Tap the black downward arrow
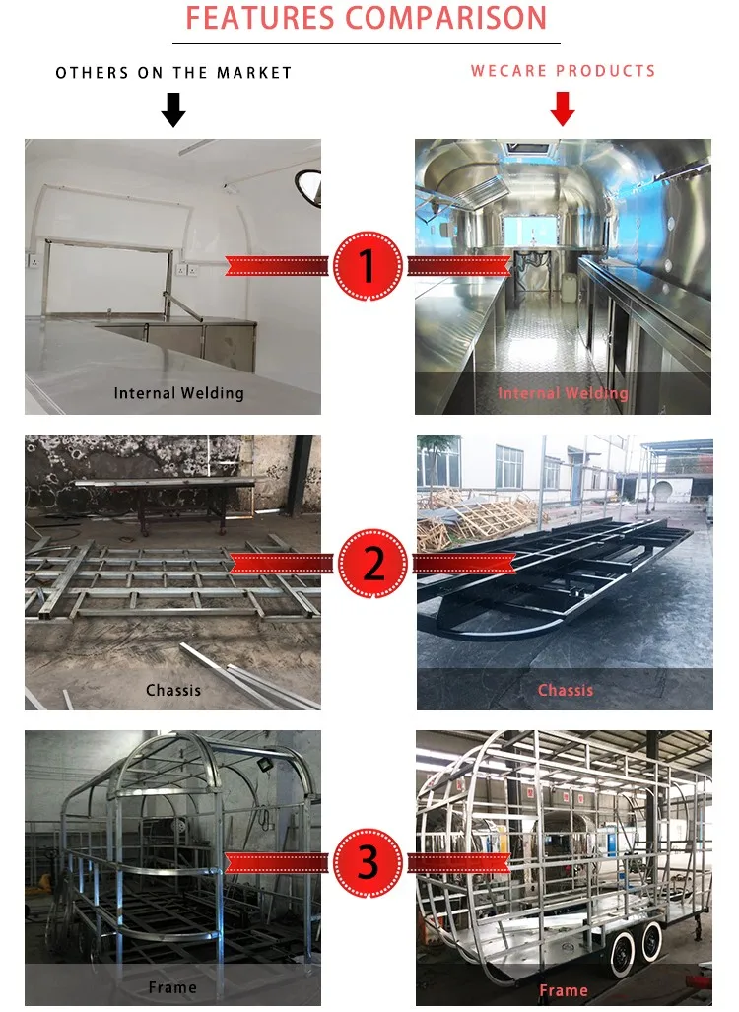click(173, 109)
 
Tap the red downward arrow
click(563, 108)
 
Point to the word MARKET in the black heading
click(254, 73)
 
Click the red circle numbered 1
click(368, 266)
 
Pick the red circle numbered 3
click(368, 862)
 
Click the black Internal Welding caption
click(178, 393)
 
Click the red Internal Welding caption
click(563, 393)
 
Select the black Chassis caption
click(173, 690)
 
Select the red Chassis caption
click(566, 690)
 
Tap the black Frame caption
click(172, 987)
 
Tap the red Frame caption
click(564, 990)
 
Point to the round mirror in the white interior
click(308, 188)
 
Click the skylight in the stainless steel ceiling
click(530, 148)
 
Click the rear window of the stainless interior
click(529, 231)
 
